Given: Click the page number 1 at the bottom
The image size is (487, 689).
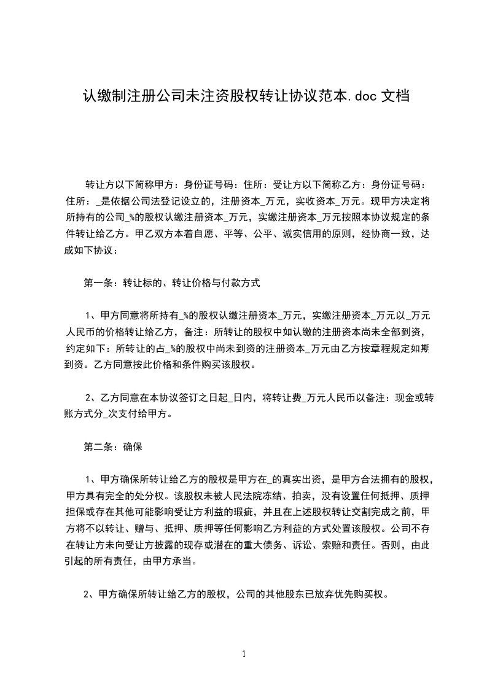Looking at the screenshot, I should [x=244, y=654].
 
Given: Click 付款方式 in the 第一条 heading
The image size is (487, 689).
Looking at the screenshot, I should [x=241, y=283].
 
